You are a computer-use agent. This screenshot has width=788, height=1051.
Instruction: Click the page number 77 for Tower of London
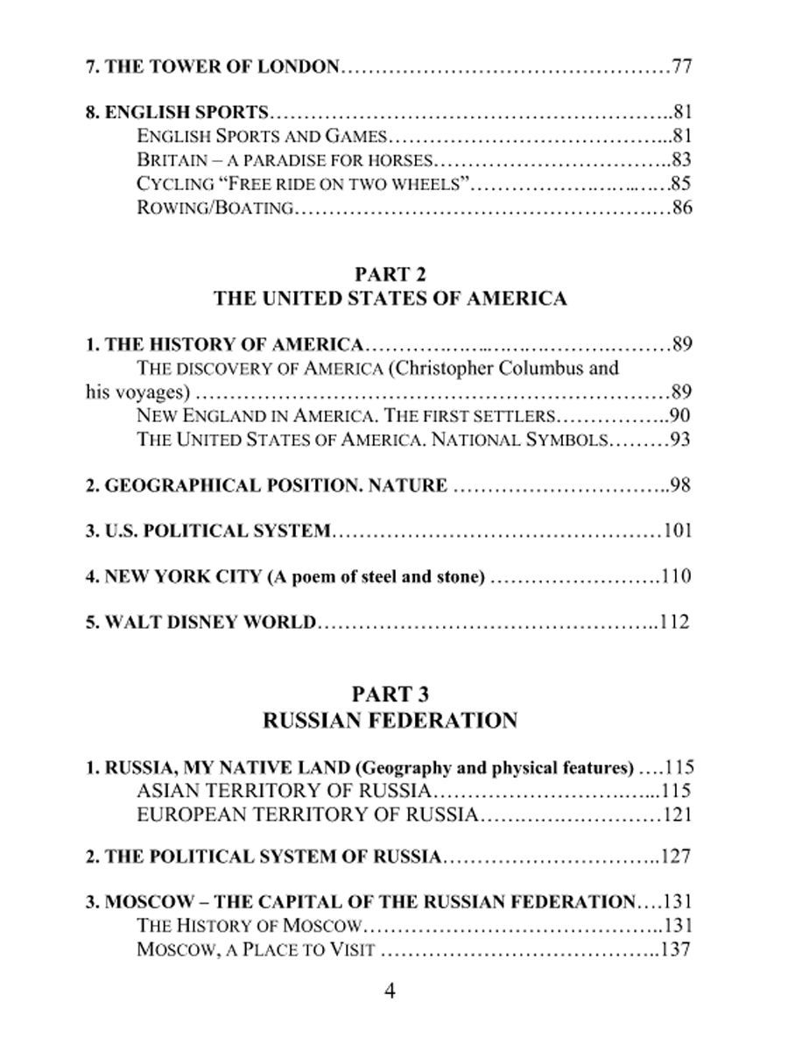682,67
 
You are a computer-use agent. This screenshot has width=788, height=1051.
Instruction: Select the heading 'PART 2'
390,272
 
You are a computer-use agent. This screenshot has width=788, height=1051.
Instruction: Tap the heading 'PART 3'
390,695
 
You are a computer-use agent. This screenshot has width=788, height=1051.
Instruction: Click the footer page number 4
390,991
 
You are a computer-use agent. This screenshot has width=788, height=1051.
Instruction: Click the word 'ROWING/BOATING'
215,208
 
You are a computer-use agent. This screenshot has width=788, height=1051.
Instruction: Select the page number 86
682,208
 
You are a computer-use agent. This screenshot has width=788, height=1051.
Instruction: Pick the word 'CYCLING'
175,184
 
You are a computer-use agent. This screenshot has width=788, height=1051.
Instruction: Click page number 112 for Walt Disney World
675,623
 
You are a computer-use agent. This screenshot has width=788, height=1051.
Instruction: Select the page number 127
676,857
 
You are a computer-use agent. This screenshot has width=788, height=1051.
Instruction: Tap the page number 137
676,949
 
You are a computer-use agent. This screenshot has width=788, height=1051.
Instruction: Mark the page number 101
677,531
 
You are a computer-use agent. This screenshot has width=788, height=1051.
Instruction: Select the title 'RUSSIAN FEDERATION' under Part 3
390,721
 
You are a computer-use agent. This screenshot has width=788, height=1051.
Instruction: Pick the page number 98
679,485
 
